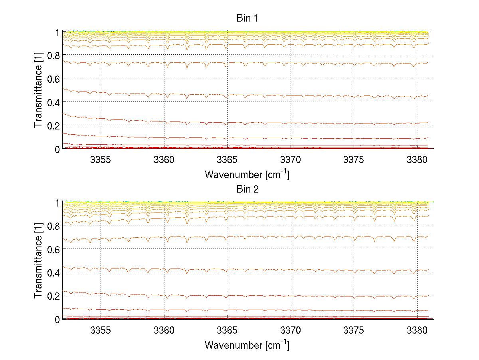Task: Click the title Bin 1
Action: [x=247, y=18]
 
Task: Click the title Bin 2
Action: [x=247, y=189]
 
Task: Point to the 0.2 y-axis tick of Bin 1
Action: [x=53, y=125]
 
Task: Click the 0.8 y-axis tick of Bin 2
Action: [x=53, y=226]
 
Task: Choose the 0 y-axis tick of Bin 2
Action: [x=57, y=319]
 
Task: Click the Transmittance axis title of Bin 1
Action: [x=38, y=90]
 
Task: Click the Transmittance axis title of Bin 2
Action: [x=38, y=261]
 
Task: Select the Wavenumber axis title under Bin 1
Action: [x=247, y=174]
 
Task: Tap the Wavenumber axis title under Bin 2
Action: [x=247, y=345]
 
